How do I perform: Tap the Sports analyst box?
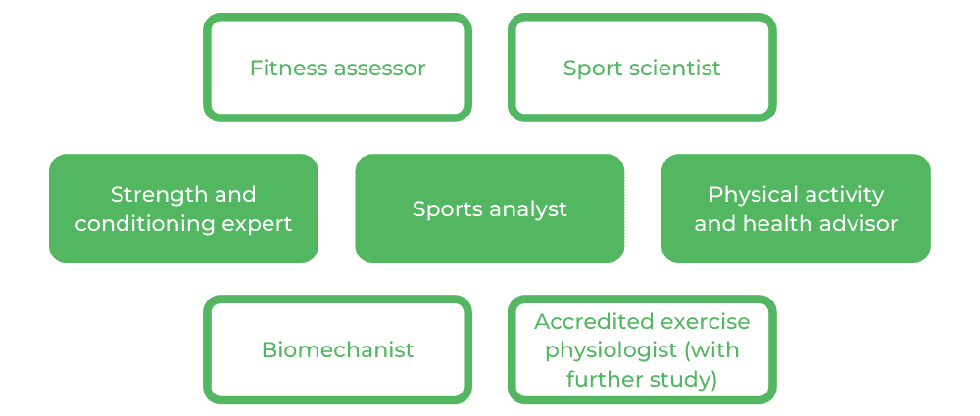[x=490, y=208]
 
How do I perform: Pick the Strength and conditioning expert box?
[x=183, y=208]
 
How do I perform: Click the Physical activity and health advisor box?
[x=796, y=208]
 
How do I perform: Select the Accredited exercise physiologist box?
[x=642, y=349]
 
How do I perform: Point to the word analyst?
[x=529, y=208]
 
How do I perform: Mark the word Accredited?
[x=591, y=321]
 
